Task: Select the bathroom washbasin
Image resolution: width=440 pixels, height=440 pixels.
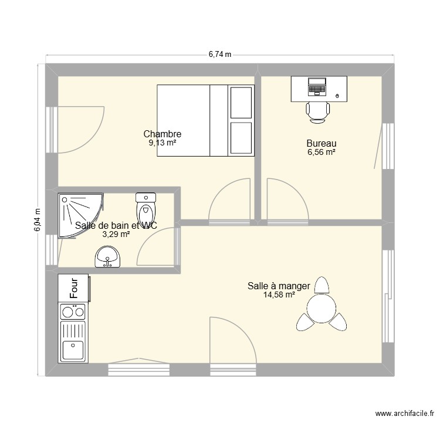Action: point(107,256)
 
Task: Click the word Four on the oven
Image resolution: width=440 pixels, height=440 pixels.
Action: point(75,288)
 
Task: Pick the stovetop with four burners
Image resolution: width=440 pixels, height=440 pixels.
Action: point(73,319)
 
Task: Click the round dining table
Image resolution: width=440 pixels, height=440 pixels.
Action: point(321,309)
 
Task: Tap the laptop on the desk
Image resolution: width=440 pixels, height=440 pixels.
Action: point(317,86)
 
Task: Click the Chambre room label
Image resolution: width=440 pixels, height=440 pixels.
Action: point(163,134)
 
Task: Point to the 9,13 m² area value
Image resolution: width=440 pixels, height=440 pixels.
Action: point(163,143)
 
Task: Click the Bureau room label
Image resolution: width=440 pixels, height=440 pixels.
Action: point(321,143)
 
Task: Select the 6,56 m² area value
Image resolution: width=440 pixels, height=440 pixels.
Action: point(321,152)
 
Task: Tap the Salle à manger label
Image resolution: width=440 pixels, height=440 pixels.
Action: point(279,286)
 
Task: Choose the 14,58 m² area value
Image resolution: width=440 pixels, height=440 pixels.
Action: point(279,295)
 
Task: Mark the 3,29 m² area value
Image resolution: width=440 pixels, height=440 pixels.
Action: point(116,233)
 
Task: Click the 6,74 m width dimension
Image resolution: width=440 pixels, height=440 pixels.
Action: point(220,55)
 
